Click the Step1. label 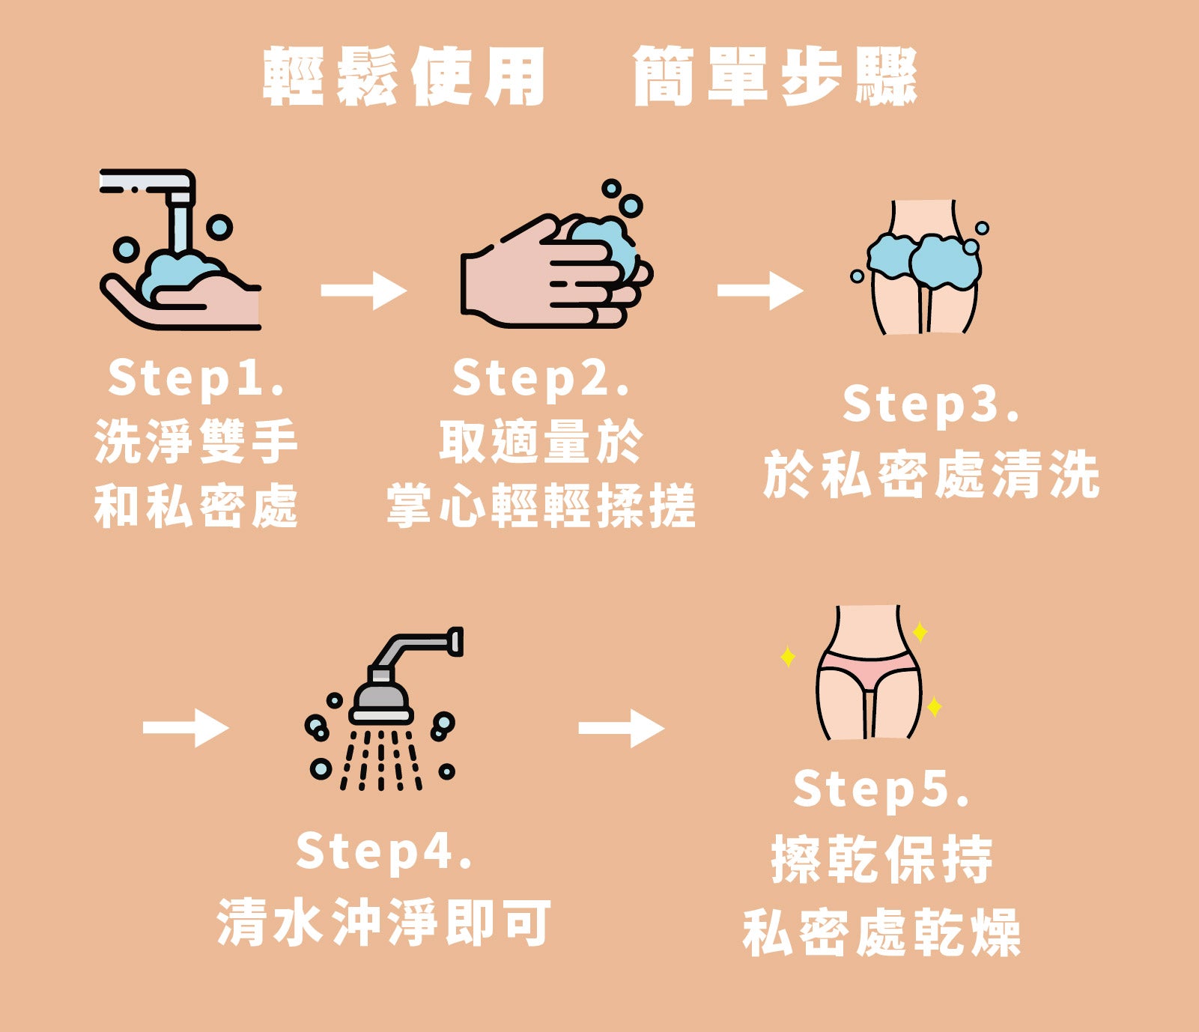tap(196, 379)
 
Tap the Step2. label tap(541, 379)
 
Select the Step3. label tap(931, 405)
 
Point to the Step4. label tap(384, 852)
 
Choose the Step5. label tap(881, 790)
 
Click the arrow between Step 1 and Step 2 tap(364, 291)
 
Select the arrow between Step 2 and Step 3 tap(760, 291)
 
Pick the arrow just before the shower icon tap(186, 728)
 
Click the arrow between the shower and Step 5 tap(622, 728)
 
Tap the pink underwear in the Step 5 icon tap(868, 668)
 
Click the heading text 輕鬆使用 tap(404, 76)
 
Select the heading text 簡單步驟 tap(775, 76)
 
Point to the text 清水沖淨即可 tap(384, 922)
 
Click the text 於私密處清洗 tap(932, 474)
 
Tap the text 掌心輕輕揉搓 tap(541, 506)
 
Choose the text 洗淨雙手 tap(196, 441)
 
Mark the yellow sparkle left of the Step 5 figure tap(788, 657)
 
